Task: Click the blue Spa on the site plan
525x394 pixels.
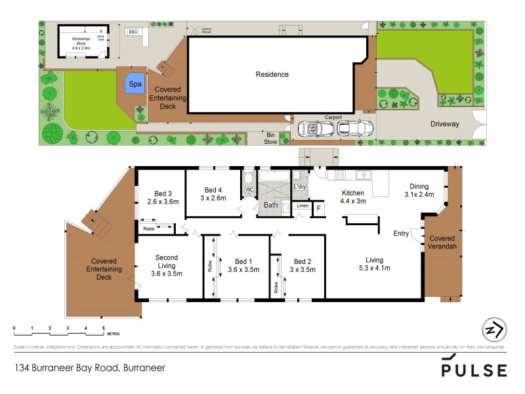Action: tap(135, 85)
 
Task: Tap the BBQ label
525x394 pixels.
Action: tap(133, 32)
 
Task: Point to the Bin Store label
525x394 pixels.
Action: tap(270, 137)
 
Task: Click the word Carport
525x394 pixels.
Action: tap(333, 118)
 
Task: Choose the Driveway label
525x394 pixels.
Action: tap(445, 123)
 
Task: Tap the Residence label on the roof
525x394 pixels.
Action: tap(272, 74)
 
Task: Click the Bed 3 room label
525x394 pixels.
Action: tap(163, 194)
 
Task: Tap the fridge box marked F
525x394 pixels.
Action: tap(319, 208)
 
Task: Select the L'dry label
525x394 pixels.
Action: tap(301, 187)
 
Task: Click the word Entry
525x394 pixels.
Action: tap(401, 233)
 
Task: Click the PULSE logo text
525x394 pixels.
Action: tap(474, 370)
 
